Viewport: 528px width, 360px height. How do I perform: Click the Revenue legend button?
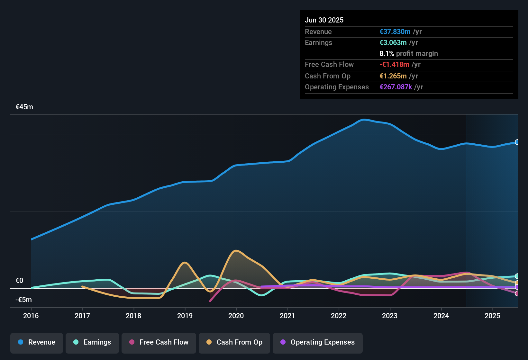37,342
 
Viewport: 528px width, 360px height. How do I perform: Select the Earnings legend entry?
92,342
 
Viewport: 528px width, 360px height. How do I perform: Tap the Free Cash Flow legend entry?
159,342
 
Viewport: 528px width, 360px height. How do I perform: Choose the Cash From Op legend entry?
234,342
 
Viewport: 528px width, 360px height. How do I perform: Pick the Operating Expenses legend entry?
318,342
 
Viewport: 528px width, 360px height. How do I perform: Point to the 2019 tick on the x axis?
185,316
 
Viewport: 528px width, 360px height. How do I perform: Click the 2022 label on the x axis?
339,316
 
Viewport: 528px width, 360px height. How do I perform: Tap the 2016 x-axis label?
31,316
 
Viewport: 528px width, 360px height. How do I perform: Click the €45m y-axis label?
24,107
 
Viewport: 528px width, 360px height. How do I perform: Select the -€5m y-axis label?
24,300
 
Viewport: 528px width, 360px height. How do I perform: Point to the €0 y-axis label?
20,281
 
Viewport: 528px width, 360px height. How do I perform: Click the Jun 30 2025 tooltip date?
324,20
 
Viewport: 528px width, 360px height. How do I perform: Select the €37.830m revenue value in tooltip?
395,32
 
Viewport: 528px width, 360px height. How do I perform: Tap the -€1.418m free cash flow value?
394,65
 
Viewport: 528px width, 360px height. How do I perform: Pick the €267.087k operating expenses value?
396,87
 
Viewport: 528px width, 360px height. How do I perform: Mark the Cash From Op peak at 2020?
236,250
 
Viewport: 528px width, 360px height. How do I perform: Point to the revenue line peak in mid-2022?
364,120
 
